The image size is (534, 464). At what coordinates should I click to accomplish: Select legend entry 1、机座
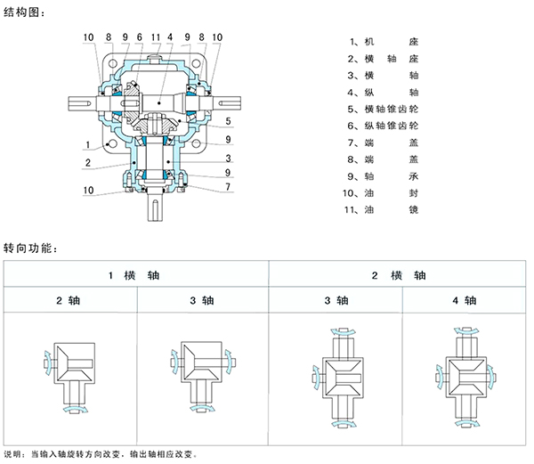coord(383,42)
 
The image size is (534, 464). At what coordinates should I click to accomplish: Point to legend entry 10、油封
coord(383,192)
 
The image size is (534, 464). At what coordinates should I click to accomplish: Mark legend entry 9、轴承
coord(383,176)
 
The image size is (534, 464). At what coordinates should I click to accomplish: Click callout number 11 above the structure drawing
coord(155,37)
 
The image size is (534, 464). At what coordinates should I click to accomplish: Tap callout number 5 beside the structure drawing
coord(229,120)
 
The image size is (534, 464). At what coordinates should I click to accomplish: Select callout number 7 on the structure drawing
coord(229,187)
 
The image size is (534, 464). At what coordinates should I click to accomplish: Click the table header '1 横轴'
coord(134,276)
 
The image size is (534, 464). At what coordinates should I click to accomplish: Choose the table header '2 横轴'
coord(398,276)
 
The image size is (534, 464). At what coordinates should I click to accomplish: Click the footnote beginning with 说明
coord(112,454)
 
